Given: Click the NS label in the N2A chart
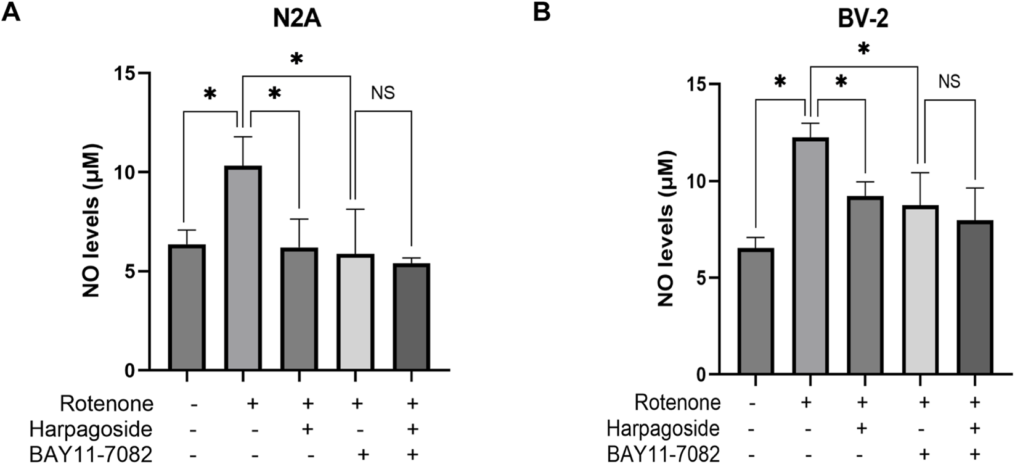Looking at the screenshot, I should click(383, 93).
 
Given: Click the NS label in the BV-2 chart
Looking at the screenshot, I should click(949, 81).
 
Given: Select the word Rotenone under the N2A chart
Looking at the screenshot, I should click(107, 404).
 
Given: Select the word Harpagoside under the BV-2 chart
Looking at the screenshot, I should click(662, 428).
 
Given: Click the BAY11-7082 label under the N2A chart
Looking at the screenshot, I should click(91, 455).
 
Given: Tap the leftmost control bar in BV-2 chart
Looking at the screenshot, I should click(756, 311).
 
